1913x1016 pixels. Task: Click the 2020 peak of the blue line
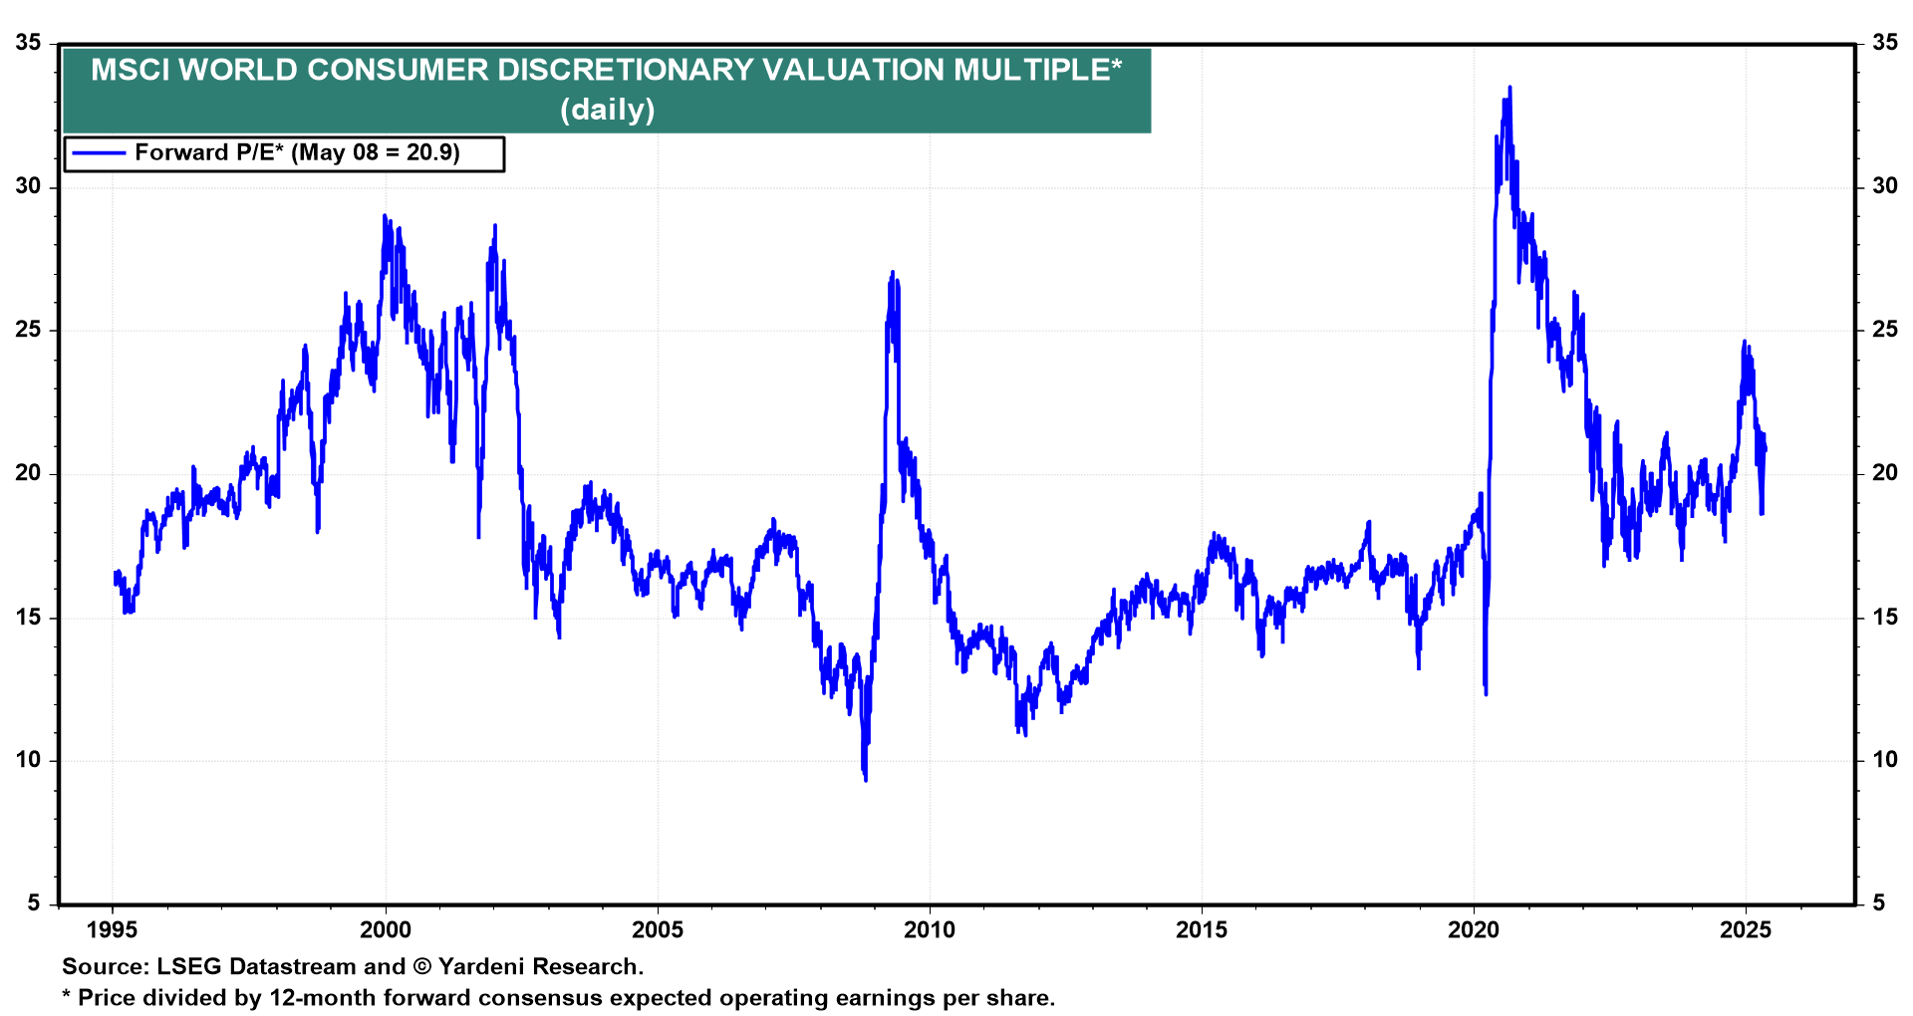pyautogui.click(x=1509, y=88)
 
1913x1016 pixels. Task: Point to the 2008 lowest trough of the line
pyautogui.click(x=865, y=779)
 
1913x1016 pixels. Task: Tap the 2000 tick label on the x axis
pyautogui.click(x=385, y=930)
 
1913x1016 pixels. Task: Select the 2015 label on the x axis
pyautogui.click(x=1202, y=930)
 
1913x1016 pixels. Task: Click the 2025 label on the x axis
pyautogui.click(x=1746, y=930)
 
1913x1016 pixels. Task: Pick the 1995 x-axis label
pyautogui.click(x=113, y=930)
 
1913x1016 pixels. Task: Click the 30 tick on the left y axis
pyautogui.click(x=29, y=186)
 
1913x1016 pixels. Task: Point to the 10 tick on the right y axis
pyautogui.click(x=1885, y=760)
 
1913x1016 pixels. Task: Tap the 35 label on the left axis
pyautogui.click(x=29, y=43)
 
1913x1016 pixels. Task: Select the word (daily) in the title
pyautogui.click(x=607, y=109)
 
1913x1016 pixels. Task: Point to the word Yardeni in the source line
pyautogui.click(x=483, y=967)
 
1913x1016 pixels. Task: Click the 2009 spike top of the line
pyautogui.click(x=892, y=272)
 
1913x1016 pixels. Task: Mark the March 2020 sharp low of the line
pyautogui.click(x=1486, y=693)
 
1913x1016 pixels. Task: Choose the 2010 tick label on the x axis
pyautogui.click(x=930, y=930)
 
